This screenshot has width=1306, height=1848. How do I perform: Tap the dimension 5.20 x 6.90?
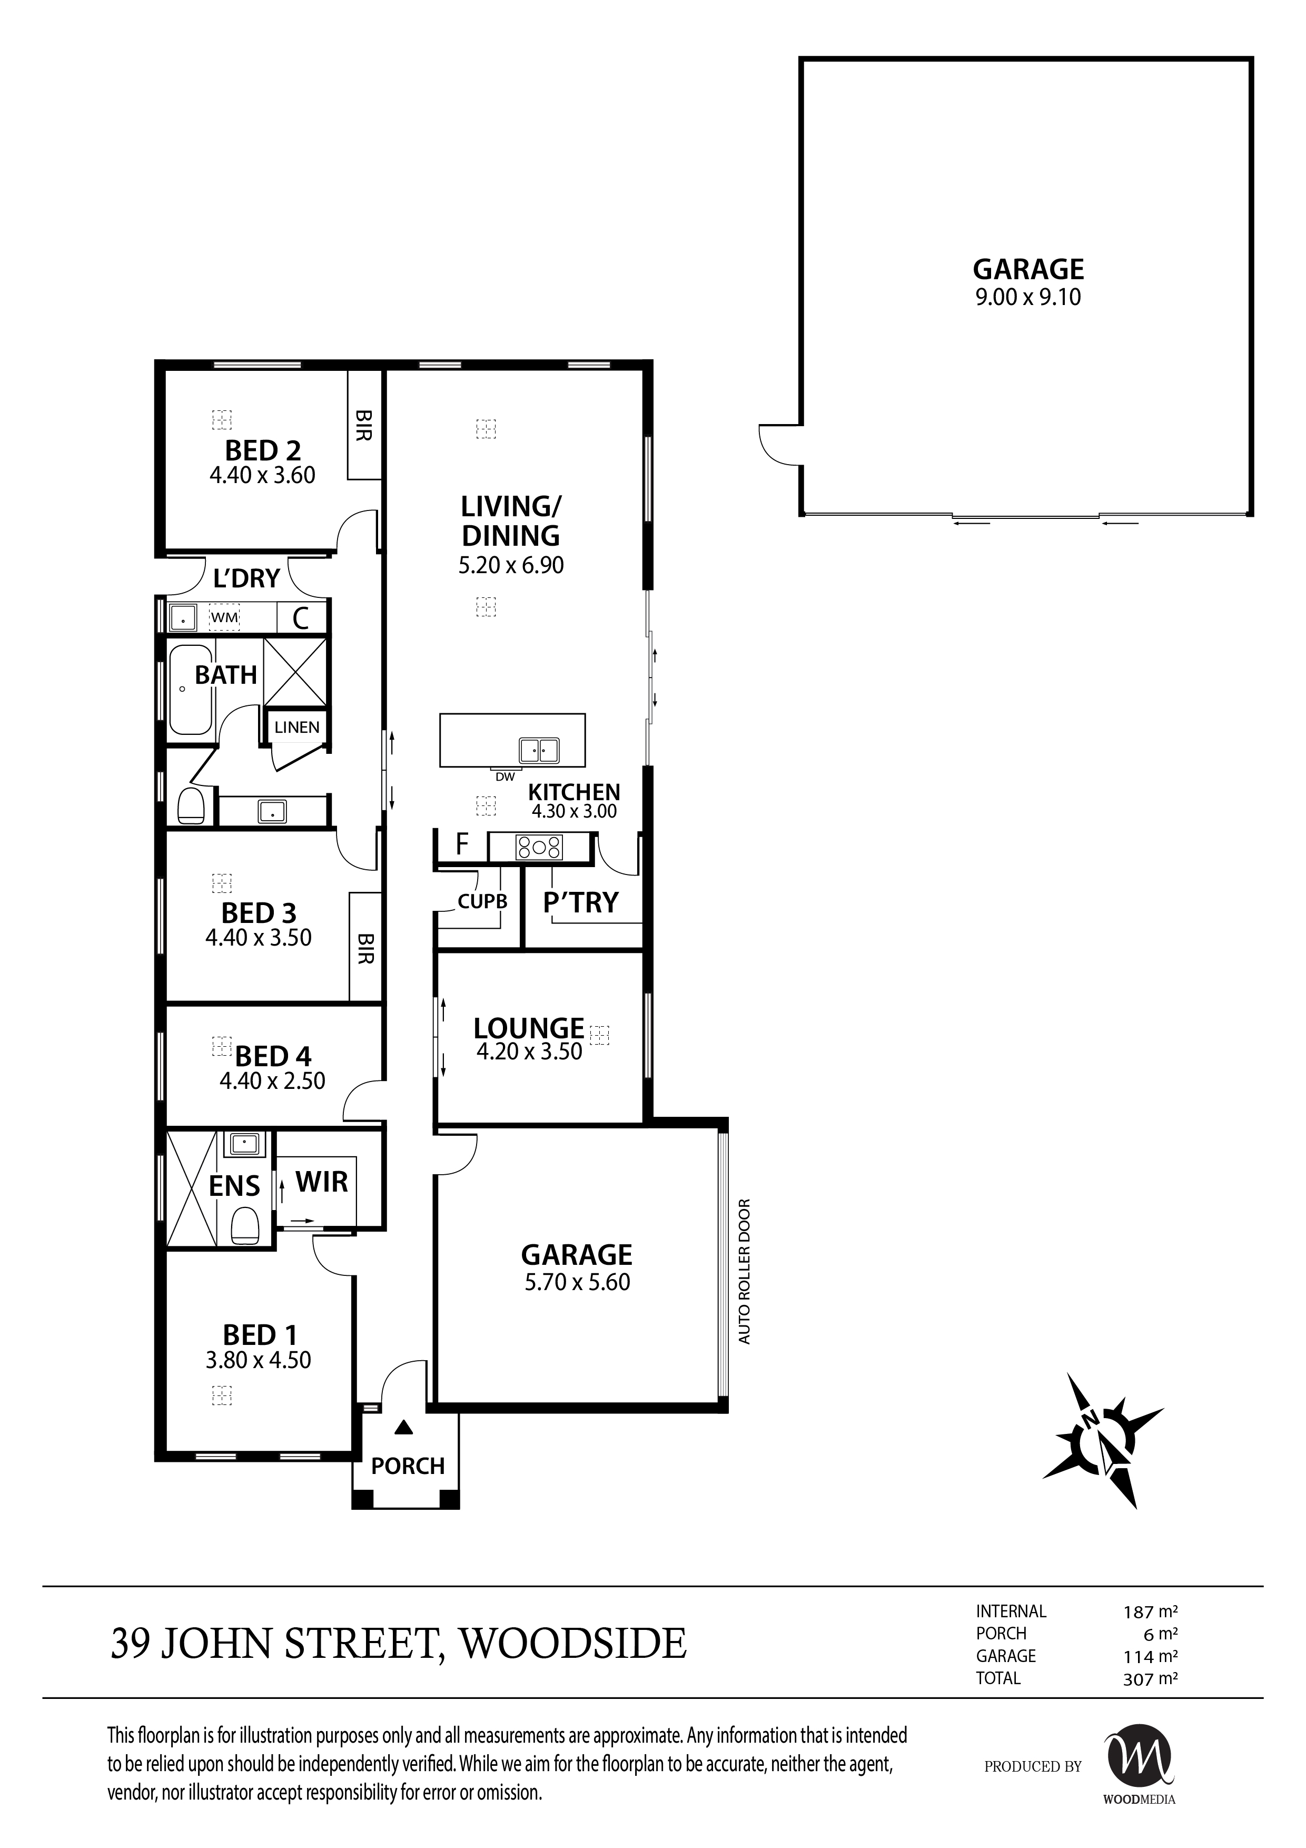(511, 565)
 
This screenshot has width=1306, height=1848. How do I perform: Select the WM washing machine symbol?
(224, 617)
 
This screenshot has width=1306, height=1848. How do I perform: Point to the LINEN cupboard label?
(297, 727)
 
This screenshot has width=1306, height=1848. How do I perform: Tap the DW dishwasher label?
(504, 776)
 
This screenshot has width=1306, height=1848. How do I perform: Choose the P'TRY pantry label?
(580, 902)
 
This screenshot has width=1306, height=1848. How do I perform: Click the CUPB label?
(482, 901)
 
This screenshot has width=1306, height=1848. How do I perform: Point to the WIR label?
(322, 1182)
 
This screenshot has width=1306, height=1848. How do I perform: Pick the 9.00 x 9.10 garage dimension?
(1027, 297)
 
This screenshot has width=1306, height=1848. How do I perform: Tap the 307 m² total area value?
(1150, 1678)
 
